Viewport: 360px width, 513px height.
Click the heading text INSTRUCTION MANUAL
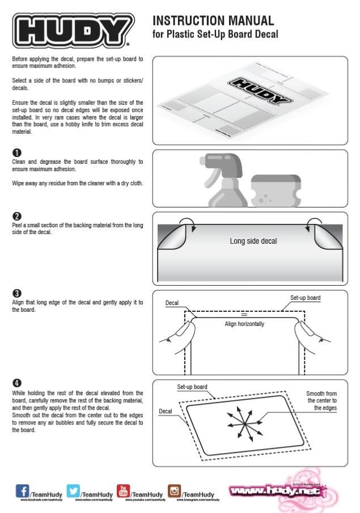click(214, 22)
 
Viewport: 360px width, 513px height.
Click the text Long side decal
click(253, 241)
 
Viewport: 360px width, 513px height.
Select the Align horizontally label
click(244, 324)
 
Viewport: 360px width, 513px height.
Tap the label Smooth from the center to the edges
click(321, 400)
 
